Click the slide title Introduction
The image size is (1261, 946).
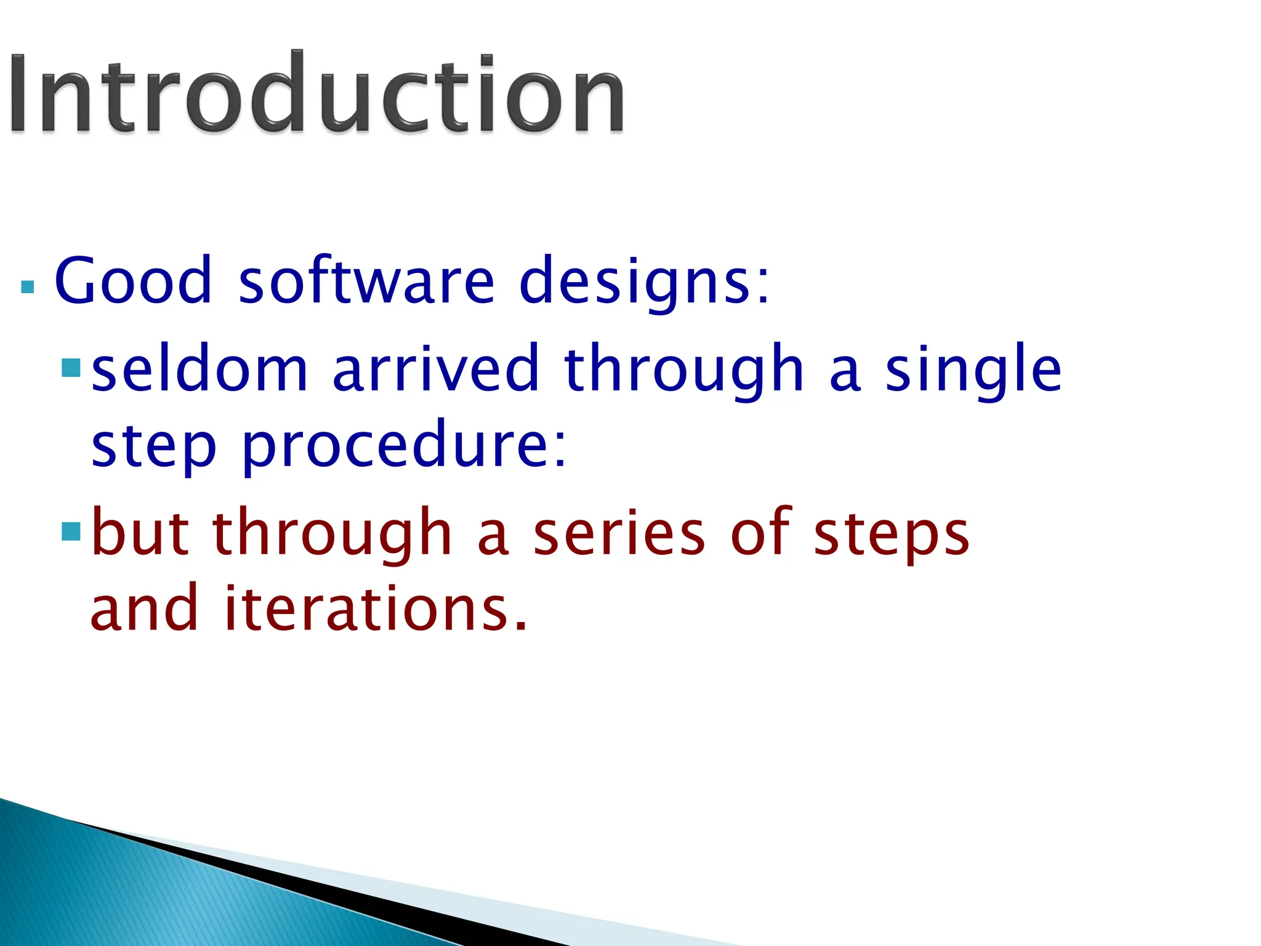click(316, 92)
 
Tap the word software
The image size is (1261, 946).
click(366, 281)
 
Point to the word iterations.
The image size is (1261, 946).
click(376, 608)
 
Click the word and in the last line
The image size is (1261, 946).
click(145, 608)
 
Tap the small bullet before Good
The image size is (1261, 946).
click(27, 286)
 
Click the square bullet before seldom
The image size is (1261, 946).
click(71, 368)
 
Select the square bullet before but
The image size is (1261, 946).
click(71, 532)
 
